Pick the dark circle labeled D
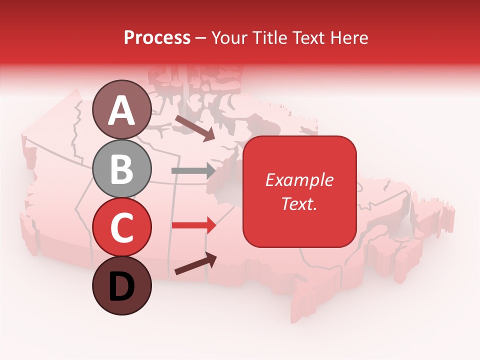coord(122,286)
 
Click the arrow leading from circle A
coord(194,127)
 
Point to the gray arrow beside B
coord(193,170)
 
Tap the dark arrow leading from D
coord(195,263)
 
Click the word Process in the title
coord(157,37)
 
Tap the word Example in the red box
coord(299,180)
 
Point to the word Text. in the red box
coord(299,203)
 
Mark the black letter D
coord(122,287)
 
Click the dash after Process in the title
coord(201,38)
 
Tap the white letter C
coord(122,227)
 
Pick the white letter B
coord(122,169)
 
